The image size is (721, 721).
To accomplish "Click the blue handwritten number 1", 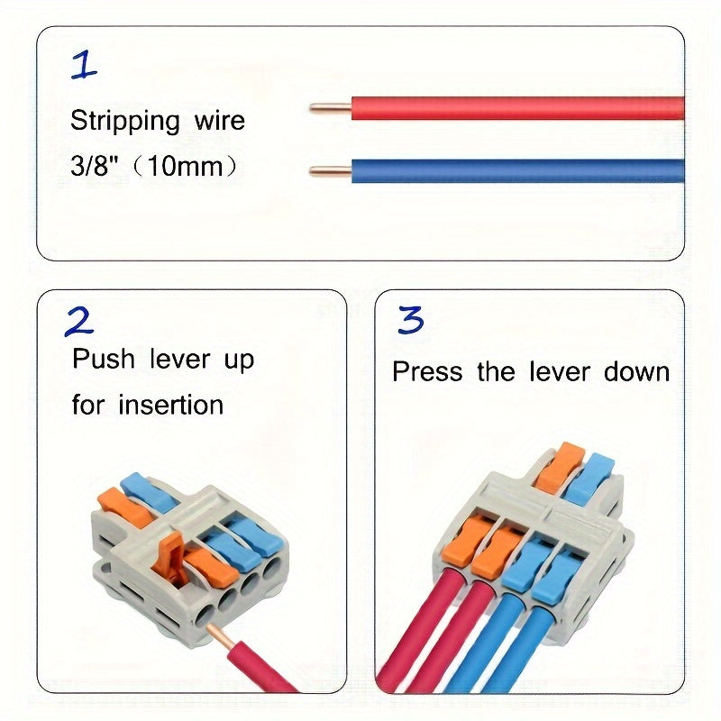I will (84, 65).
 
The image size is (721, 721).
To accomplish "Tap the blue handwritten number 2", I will (79, 321).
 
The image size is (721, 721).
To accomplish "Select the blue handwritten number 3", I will (411, 320).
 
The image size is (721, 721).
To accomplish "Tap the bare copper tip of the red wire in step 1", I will (330, 108).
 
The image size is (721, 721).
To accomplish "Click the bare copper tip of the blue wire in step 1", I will (330, 170).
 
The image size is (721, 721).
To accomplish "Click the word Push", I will (103, 360).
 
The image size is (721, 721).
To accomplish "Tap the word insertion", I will (170, 405).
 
